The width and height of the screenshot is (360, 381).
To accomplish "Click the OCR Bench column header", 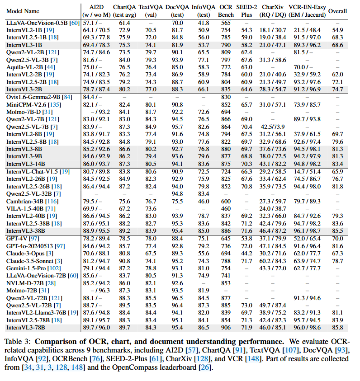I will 226,10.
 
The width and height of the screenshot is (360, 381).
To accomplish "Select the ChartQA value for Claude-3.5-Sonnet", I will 124,261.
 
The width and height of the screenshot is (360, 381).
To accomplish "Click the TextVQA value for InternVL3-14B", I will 151,163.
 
